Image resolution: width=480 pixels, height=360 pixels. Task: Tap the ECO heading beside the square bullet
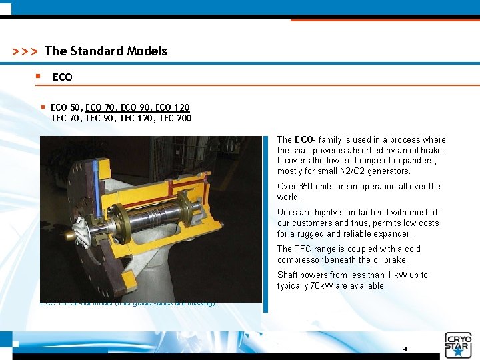click(62, 77)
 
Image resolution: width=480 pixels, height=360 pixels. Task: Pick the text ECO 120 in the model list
click(172, 107)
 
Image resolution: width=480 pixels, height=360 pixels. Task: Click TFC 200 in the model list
click(175, 118)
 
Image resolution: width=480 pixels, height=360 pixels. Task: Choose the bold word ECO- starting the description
click(305, 140)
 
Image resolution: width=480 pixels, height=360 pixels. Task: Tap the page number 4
click(405, 349)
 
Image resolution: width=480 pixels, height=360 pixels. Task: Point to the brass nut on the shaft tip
click(69, 236)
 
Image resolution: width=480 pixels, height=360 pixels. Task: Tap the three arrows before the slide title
click(25, 51)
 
